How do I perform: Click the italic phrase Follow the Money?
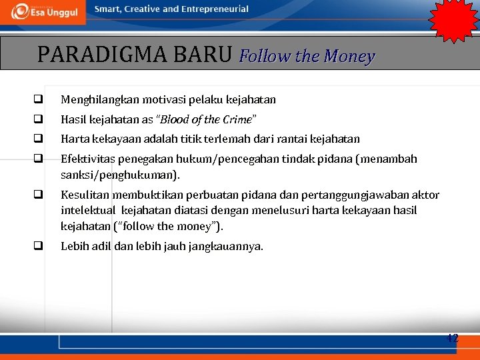point(307,56)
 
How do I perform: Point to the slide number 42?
point(452,338)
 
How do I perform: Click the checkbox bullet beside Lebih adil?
point(39,246)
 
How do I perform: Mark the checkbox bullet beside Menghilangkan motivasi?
point(39,100)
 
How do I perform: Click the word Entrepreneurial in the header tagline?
point(214,9)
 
